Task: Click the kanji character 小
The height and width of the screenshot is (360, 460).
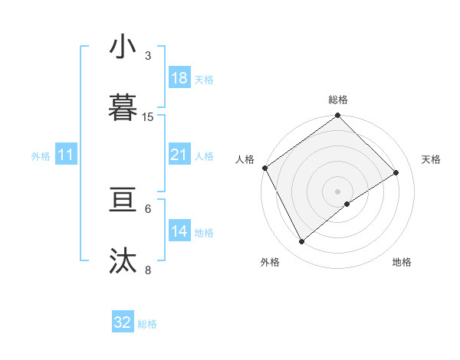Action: pyautogui.click(x=123, y=47)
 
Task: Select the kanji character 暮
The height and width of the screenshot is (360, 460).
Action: pyautogui.click(x=123, y=109)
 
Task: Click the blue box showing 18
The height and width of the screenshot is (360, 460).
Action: pyautogui.click(x=179, y=78)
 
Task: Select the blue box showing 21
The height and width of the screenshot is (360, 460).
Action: pyautogui.click(x=179, y=155)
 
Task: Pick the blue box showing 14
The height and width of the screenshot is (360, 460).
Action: pyautogui.click(x=179, y=231)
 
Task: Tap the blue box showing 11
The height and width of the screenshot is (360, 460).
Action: pyautogui.click(x=65, y=155)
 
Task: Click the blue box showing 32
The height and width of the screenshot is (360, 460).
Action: pyautogui.click(x=123, y=322)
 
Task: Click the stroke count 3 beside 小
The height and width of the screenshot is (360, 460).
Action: pyautogui.click(x=148, y=55)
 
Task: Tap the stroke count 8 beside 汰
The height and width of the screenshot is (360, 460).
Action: pyautogui.click(x=148, y=270)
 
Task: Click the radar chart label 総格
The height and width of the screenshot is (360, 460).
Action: pyautogui.click(x=338, y=100)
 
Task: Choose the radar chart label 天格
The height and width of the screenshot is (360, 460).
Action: pyautogui.click(x=431, y=159)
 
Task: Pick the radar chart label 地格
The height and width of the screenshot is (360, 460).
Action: pyautogui.click(x=402, y=263)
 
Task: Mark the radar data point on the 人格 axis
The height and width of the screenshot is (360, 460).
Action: pyautogui.click(x=264, y=168)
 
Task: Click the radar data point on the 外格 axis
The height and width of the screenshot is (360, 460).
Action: pyautogui.click(x=302, y=242)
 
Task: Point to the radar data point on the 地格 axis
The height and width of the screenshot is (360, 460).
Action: pyautogui.click(x=347, y=204)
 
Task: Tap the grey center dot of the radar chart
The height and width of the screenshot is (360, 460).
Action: pyautogui.click(x=338, y=191)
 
